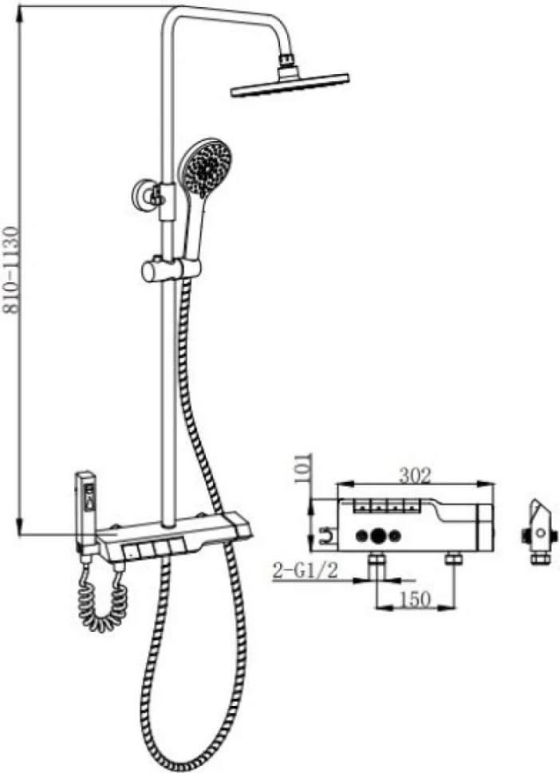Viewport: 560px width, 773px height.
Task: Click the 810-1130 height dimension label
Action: [x=12, y=269]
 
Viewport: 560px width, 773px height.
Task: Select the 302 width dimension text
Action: [x=415, y=475]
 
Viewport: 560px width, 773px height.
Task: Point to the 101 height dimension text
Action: [x=303, y=468]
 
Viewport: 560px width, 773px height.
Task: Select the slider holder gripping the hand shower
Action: [x=171, y=270]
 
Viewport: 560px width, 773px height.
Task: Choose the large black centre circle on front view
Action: [x=379, y=536]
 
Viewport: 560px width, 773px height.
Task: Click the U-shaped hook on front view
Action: [x=326, y=536]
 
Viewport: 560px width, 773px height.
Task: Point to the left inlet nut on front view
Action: [x=377, y=559]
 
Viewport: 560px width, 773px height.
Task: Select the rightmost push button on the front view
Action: [x=411, y=504]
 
